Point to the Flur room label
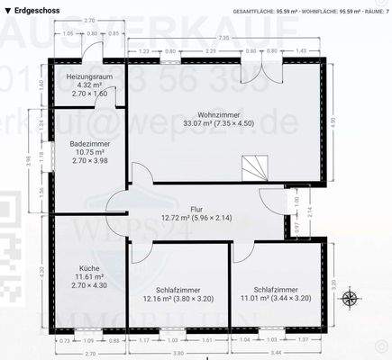(x=196, y=208)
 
